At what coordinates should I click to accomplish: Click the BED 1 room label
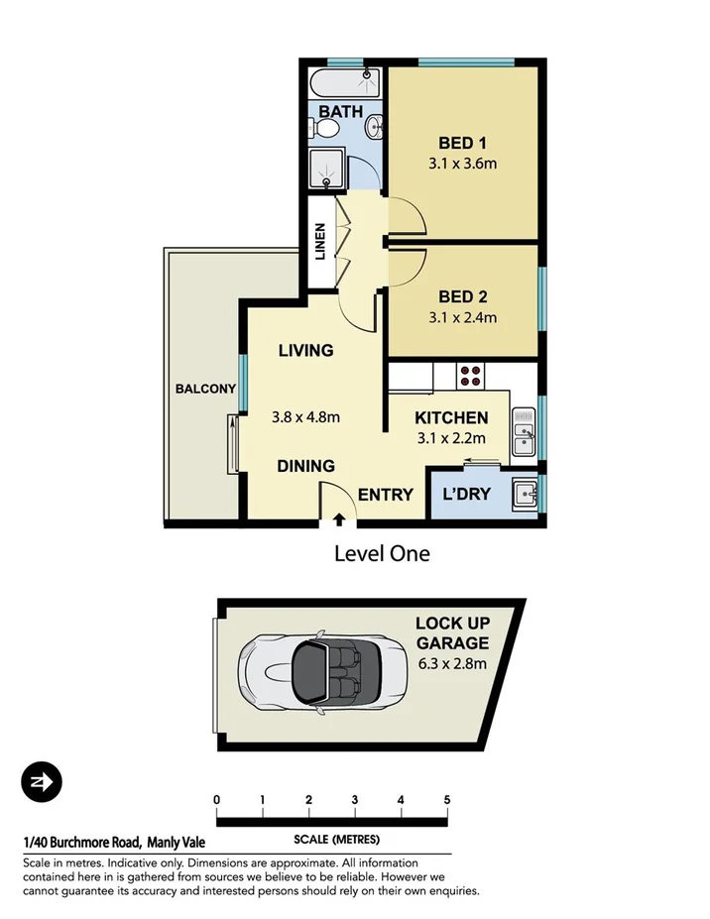462,144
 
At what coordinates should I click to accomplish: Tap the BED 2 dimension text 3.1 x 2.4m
462,318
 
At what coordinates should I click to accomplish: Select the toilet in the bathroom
325,129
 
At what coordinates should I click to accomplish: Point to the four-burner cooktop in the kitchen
470,376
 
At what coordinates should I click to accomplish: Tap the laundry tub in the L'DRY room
524,492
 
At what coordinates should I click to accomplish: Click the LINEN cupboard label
319,242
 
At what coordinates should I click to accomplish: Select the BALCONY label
205,389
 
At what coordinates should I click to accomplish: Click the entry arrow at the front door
339,517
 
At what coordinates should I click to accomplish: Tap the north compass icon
42,782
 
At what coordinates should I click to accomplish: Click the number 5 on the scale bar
447,800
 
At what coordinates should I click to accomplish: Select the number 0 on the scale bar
216,800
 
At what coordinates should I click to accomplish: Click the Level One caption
381,553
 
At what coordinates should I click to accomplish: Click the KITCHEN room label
451,418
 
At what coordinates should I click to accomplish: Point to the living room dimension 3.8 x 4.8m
305,417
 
